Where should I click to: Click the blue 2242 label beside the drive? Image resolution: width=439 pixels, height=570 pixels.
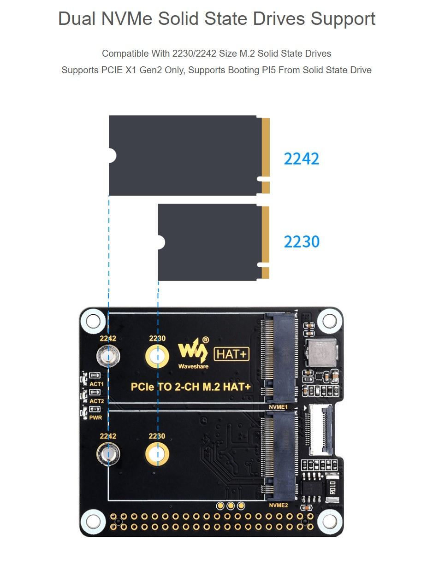302,159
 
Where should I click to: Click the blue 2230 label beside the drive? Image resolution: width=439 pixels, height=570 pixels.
302,241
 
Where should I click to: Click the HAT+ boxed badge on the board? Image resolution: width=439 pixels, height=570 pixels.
232,354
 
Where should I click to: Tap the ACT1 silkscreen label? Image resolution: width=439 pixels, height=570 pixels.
96,384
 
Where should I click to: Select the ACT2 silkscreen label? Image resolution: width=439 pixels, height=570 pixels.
96,401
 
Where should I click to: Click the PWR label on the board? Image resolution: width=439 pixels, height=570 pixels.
95,417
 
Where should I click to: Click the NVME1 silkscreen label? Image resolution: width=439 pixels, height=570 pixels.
278,407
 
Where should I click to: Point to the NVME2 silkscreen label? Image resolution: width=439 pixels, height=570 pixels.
278,505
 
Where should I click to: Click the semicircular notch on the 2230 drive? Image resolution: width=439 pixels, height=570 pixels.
160,242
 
